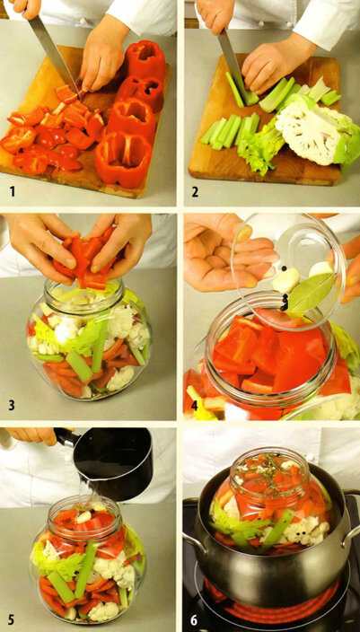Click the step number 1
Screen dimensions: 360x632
(13, 191)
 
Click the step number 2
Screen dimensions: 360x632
(195, 191)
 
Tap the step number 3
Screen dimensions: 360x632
(12, 405)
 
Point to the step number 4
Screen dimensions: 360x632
(194, 405)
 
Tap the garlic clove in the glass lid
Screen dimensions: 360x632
(285, 280)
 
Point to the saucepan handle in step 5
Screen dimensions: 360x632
(64, 436)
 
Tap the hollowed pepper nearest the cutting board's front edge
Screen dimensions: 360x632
(122, 160)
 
